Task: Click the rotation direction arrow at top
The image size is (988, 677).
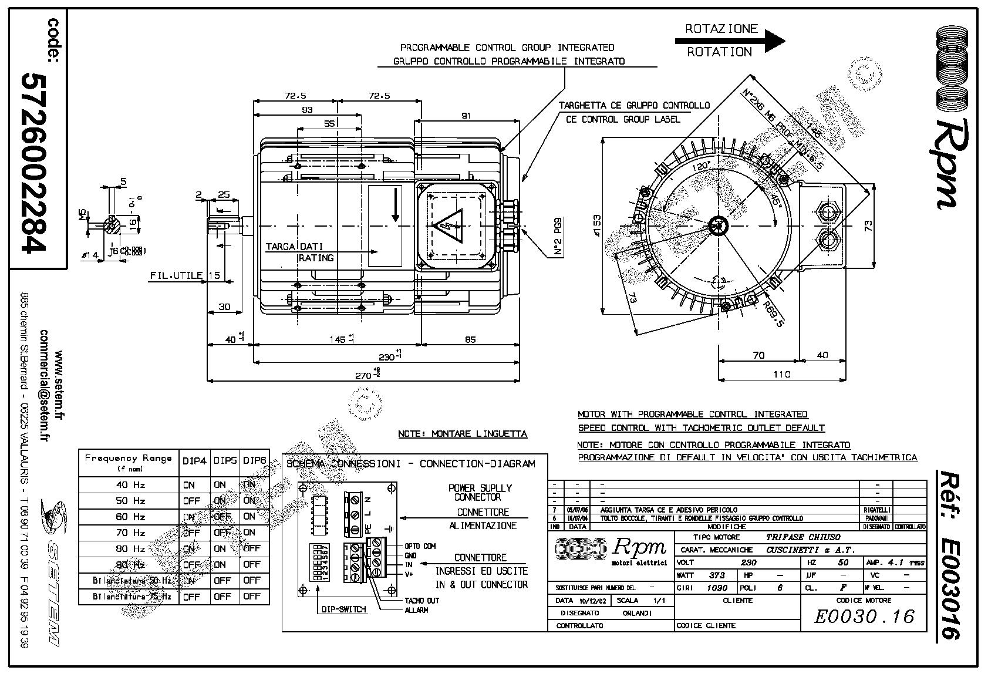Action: (x=730, y=41)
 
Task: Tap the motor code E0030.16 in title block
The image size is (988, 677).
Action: (x=864, y=617)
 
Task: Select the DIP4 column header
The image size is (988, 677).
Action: (x=194, y=462)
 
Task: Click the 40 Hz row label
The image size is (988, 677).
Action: (x=130, y=485)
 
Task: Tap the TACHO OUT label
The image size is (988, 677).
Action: (x=421, y=601)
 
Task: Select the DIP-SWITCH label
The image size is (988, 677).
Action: (x=343, y=609)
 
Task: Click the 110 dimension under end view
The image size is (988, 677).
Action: (x=781, y=374)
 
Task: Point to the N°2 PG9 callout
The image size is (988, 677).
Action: (x=557, y=237)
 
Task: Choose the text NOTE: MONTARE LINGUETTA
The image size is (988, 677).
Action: (x=463, y=434)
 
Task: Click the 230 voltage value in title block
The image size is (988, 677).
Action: (x=748, y=563)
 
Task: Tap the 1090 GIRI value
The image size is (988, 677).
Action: (x=717, y=588)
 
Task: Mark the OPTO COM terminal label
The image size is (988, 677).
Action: (x=420, y=546)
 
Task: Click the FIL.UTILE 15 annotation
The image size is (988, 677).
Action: (x=185, y=275)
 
